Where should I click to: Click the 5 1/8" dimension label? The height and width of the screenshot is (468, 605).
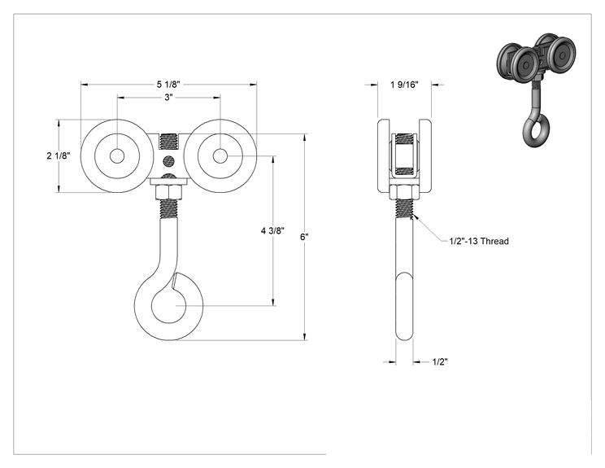pos(168,84)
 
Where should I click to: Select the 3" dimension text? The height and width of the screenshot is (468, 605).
pos(168,98)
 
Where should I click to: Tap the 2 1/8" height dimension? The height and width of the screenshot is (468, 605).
pos(59,155)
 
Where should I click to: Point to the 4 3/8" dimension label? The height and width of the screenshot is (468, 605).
pos(272,231)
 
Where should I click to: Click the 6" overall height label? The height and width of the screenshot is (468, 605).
pos(304,237)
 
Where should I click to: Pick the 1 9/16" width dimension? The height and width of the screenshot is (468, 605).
pos(404,85)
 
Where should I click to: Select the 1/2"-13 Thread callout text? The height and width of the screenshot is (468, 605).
pos(479,242)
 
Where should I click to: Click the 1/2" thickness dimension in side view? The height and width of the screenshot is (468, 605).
pos(440,362)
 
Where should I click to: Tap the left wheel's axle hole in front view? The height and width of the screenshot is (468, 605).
pos(117,156)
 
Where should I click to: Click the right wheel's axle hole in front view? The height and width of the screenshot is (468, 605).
pos(220,156)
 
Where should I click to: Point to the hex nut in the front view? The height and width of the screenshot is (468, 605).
pos(168,192)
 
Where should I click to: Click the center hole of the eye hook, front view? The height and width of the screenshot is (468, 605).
pos(168,305)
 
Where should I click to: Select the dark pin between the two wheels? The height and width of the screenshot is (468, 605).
pos(168,160)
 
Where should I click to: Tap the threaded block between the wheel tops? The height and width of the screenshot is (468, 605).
pos(168,142)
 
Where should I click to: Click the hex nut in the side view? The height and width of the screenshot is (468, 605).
pos(404,192)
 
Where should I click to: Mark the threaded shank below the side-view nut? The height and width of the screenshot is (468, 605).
pos(404,209)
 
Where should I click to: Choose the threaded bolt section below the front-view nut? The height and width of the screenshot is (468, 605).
pos(168,209)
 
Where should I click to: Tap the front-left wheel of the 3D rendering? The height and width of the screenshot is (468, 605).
pos(526,64)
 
